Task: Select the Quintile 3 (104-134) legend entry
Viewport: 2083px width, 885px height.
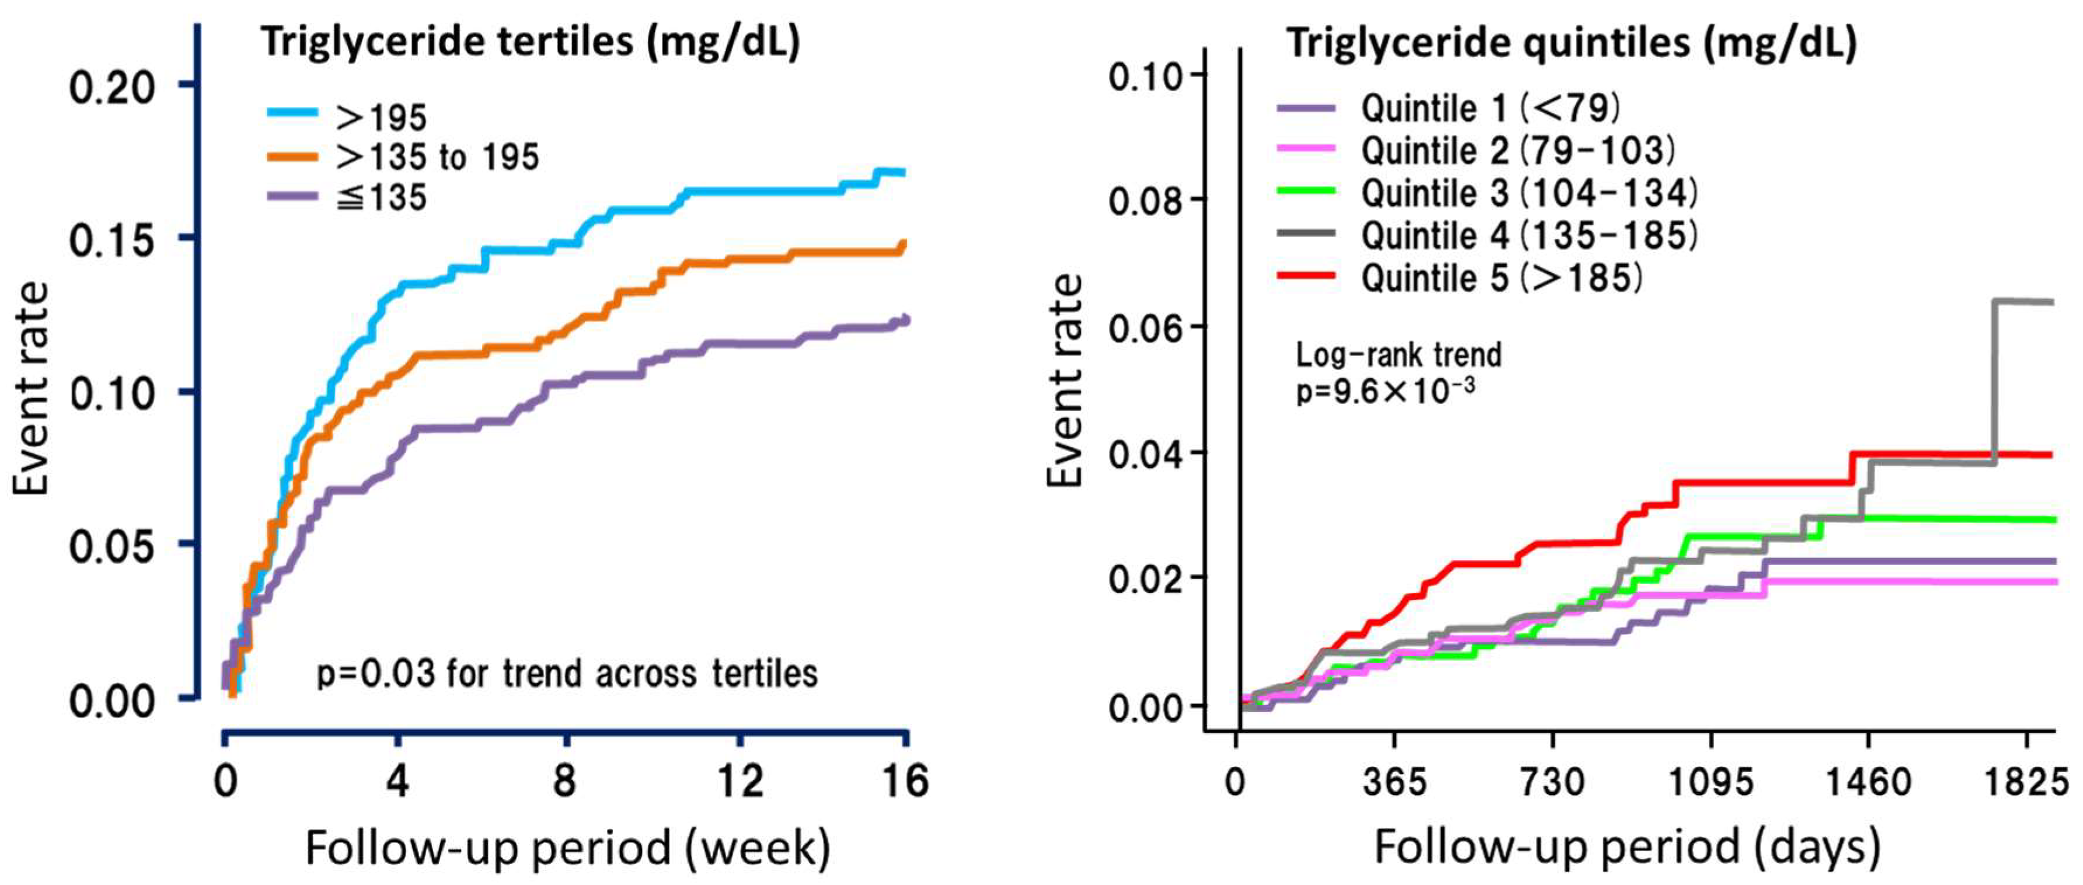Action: [x=1529, y=193]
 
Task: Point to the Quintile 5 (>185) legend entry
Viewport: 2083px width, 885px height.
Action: [x=1501, y=277]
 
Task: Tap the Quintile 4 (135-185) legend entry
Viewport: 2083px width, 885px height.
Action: [x=1529, y=235]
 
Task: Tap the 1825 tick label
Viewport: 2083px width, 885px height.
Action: [x=2026, y=783]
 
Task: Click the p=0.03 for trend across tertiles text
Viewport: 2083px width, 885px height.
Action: [x=567, y=673]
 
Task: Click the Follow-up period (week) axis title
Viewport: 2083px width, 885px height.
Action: [x=568, y=848]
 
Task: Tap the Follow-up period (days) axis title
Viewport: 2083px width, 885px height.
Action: [x=1627, y=848]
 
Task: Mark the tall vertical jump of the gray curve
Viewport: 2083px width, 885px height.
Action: [x=1995, y=380]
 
